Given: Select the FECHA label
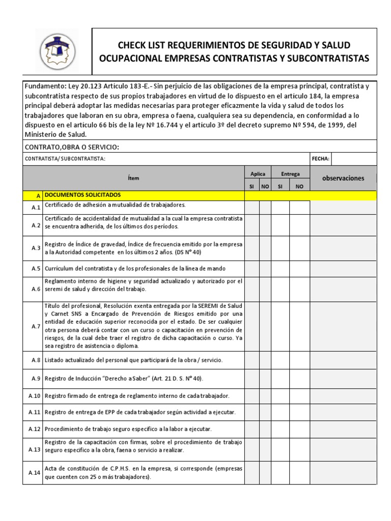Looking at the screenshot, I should point(320,159).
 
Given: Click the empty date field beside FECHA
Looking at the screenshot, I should point(354,159).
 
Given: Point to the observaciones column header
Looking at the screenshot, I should point(344,178).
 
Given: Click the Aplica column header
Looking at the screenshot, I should point(258,174).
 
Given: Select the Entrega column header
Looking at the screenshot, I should point(290,174).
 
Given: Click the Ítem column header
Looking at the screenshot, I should point(133,178).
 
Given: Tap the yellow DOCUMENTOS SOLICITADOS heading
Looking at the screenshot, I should point(83,195).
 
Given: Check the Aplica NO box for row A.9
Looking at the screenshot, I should point(265,378).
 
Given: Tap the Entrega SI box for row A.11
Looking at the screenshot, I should point(281,412).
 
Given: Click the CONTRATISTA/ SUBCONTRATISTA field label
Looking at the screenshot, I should point(65,159).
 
